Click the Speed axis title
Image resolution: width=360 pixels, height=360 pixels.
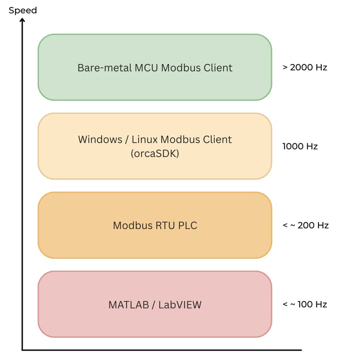click(x=23, y=10)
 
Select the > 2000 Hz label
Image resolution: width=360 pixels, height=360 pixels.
click(x=305, y=68)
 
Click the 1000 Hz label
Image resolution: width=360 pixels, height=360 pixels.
click(x=300, y=146)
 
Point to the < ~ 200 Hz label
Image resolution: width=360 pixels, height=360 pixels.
click(x=305, y=225)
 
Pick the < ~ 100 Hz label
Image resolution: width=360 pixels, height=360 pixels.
click(x=305, y=304)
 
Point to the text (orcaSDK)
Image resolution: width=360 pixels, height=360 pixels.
click(x=155, y=154)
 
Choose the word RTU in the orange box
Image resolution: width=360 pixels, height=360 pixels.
click(x=161, y=225)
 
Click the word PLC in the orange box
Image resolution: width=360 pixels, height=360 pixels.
click(x=188, y=225)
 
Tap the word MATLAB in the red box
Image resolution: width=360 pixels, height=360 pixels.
click(x=129, y=305)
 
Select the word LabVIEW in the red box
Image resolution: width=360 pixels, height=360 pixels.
click(x=180, y=305)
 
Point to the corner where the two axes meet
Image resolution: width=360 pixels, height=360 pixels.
click(x=22, y=350)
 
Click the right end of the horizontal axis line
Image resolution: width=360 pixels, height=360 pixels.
click(x=301, y=350)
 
